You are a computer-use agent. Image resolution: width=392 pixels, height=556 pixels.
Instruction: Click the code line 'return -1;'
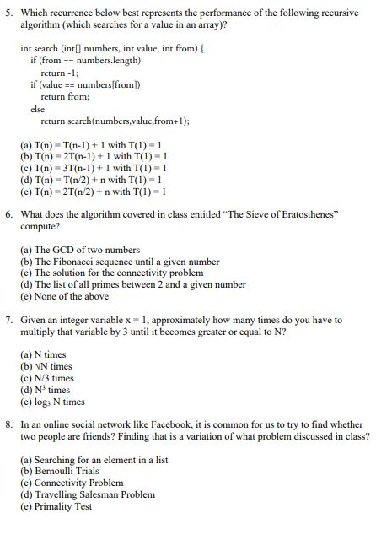(x=60, y=73)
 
